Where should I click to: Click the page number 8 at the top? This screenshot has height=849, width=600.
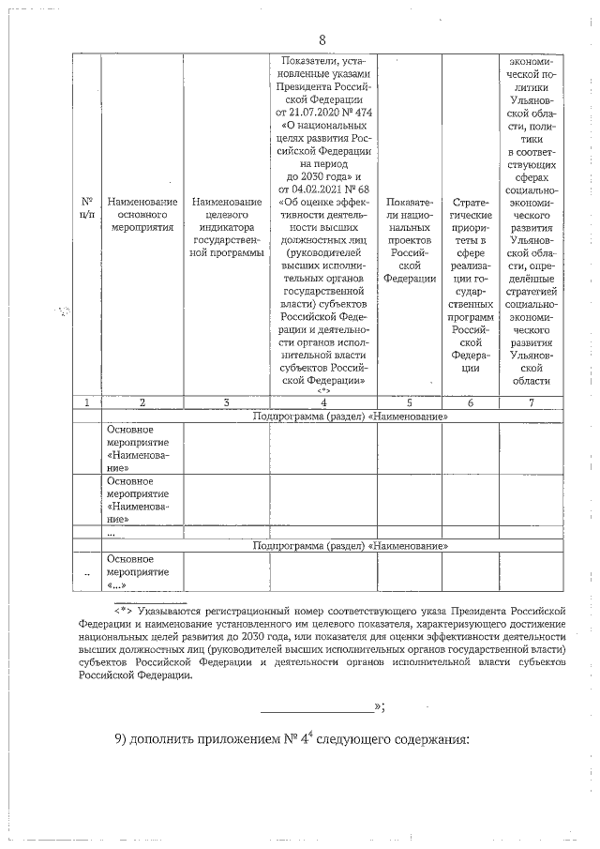coord(322,39)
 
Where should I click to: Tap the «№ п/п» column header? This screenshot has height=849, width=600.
coord(87,207)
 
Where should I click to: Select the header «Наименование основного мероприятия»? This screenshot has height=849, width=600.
coord(142,214)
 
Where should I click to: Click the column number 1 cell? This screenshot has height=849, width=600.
coord(87,402)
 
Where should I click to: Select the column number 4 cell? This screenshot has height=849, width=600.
coord(322,402)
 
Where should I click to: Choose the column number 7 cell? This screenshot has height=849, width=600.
coord(532,402)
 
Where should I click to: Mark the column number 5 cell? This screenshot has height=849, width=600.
coord(410,402)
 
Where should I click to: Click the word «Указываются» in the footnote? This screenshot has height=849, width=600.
coord(172,609)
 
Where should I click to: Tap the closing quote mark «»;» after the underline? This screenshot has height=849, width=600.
coord(379,706)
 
